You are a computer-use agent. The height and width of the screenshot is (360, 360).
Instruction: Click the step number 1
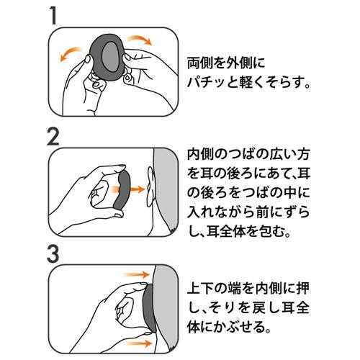(x=53, y=15)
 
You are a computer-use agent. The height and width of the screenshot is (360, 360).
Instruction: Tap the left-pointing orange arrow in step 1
(x=70, y=53)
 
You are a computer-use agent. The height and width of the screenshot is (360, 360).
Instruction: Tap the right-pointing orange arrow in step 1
(x=140, y=39)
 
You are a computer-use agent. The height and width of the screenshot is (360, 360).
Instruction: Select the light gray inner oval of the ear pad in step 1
(x=111, y=58)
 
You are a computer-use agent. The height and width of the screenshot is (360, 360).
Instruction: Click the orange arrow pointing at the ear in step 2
(x=130, y=189)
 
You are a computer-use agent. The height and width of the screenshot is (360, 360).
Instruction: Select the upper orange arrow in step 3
(x=136, y=274)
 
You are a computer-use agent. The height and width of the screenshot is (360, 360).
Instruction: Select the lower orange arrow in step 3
(x=139, y=343)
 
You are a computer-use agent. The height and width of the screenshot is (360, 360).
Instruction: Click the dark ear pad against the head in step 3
(x=149, y=309)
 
